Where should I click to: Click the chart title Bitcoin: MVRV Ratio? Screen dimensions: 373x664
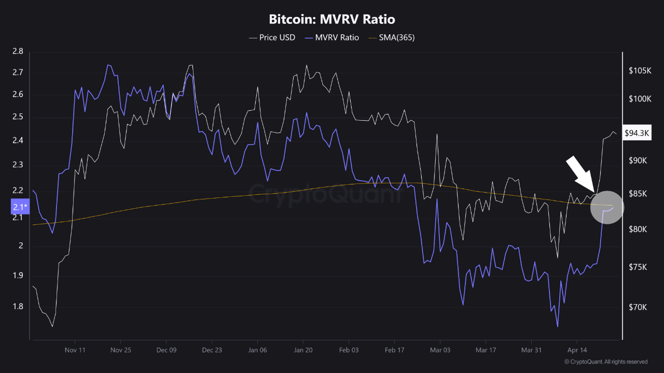pyautogui.click(x=332, y=20)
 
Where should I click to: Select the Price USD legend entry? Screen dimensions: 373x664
pyautogui.click(x=272, y=37)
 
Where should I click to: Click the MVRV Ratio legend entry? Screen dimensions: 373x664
pyautogui.click(x=331, y=37)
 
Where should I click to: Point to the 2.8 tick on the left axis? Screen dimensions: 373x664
pyautogui.click(x=17, y=51)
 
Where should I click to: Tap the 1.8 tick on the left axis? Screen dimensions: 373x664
pyautogui.click(x=17, y=307)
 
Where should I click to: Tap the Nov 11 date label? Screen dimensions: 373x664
pyautogui.click(x=75, y=350)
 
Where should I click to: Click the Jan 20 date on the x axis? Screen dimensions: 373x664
pyautogui.click(x=303, y=350)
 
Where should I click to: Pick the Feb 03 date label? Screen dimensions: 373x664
pyautogui.click(x=349, y=350)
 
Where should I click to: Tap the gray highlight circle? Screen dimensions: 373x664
pyautogui.click(x=607, y=207)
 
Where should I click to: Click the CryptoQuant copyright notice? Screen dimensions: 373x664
pyautogui.click(x=605, y=362)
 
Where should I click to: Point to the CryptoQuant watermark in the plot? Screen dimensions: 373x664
pyautogui.click(x=326, y=194)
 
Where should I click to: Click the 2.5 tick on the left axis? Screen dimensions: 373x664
pyautogui.click(x=17, y=117)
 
